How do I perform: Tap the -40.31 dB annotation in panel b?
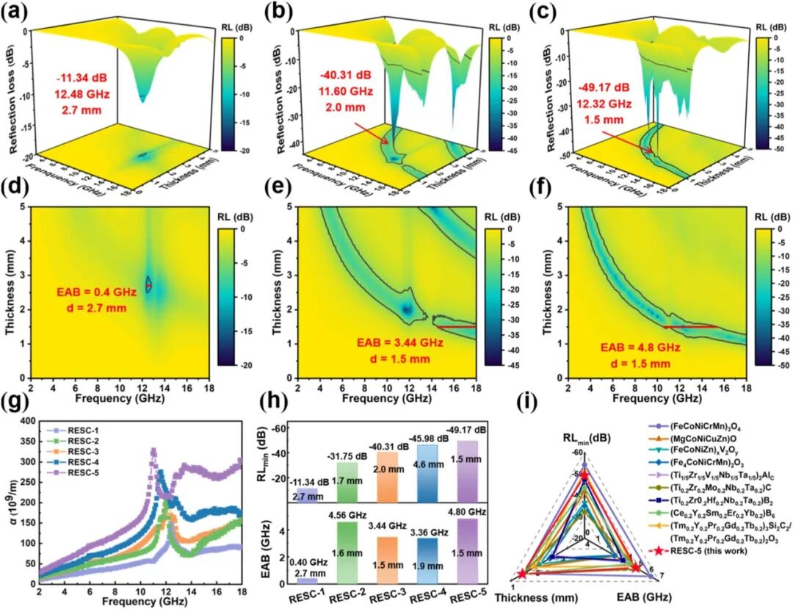click(347, 75)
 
